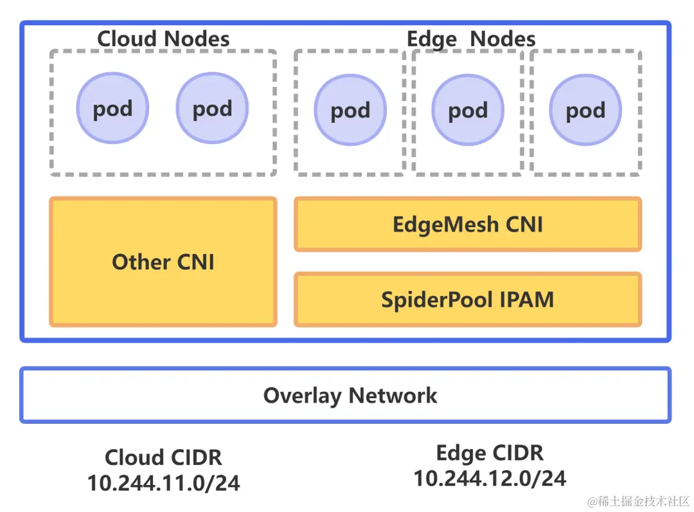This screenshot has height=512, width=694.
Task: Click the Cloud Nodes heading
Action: [x=163, y=39]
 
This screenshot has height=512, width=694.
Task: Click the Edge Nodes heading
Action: [x=471, y=39]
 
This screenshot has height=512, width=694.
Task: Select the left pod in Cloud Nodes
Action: [x=112, y=108]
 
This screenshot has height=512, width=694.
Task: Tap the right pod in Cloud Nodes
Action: [x=212, y=108]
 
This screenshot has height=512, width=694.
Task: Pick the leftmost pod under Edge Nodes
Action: [x=350, y=111]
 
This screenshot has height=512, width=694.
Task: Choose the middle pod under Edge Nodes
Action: [x=468, y=111]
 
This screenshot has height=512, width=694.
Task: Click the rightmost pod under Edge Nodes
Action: [x=585, y=111]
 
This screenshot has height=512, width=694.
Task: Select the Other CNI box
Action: [x=163, y=262]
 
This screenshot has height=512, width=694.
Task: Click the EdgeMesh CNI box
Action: [x=468, y=224]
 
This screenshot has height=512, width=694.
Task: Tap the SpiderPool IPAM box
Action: [x=468, y=300]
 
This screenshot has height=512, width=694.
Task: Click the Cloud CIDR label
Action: [x=163, y=457]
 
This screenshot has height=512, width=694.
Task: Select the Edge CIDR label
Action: [x=490, y=453]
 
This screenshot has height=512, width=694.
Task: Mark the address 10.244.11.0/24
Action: [x=163, y=483]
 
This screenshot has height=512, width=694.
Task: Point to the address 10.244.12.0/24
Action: [x=490, y=478]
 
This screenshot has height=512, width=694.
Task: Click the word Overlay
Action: [x=302, y=395]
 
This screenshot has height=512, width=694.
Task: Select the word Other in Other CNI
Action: [x=141, y=262]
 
